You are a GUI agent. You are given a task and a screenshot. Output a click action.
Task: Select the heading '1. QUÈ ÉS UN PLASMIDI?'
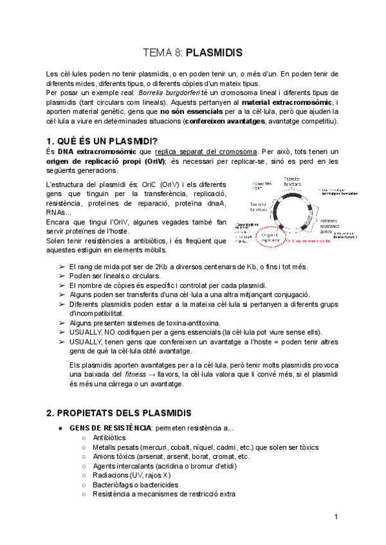pos(103,141)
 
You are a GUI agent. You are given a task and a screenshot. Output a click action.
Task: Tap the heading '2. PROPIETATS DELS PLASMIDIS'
pos(119,411)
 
